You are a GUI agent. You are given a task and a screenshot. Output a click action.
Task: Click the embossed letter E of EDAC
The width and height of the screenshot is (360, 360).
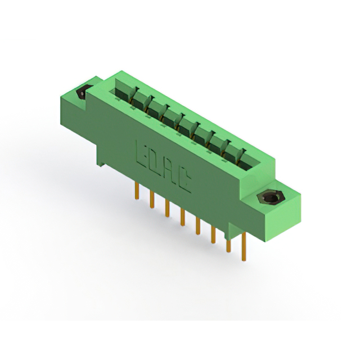(141, 153)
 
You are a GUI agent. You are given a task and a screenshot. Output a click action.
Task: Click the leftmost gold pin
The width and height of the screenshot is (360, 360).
(137, 191)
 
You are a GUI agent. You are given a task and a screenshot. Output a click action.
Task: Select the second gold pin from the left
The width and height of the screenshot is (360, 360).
(152, 199)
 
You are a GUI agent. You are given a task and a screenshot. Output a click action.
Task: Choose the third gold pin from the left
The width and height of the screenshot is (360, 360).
(168, 208)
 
